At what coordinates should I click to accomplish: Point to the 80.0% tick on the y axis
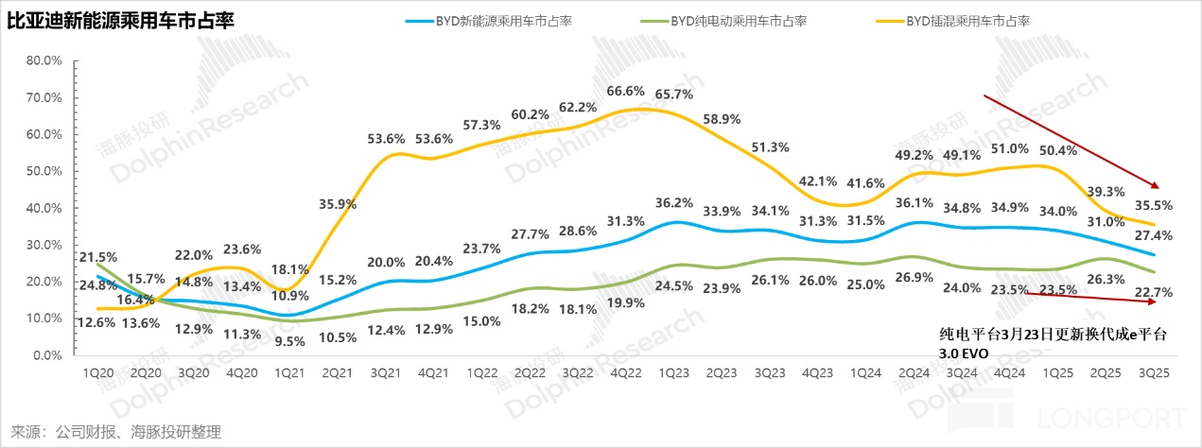click(43, 60)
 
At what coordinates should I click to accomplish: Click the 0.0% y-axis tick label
click(45, 356)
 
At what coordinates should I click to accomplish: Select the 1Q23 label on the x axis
click(668, 373)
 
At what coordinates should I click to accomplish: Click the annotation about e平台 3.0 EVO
click(1053, 342)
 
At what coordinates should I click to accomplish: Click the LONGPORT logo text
click(1111, 417)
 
